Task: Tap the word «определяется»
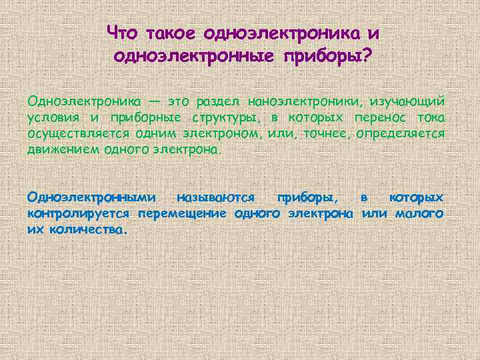(401, 134)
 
